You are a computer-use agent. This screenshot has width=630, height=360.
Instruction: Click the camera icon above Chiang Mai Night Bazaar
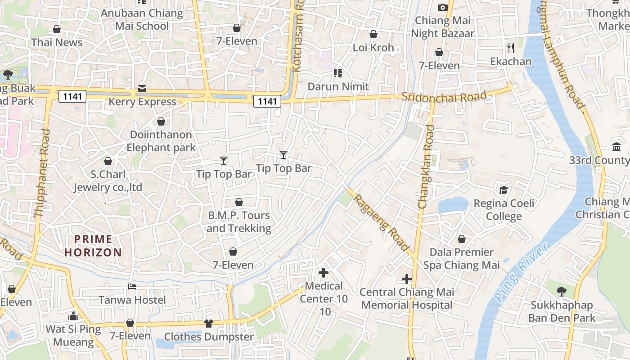442,7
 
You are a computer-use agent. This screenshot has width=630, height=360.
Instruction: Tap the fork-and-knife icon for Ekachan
511,48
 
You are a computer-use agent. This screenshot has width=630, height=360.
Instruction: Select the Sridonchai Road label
444,96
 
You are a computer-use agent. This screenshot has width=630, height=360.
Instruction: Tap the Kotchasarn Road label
297,36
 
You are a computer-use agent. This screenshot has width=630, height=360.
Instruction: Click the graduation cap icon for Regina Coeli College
504,190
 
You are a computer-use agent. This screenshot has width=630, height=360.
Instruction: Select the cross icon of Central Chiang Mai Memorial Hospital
407,279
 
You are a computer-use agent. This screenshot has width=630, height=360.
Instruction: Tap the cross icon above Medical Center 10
323,272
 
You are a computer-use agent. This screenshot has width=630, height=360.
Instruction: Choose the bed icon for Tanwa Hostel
132,287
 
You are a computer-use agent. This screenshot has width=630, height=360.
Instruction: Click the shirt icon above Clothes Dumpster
208,323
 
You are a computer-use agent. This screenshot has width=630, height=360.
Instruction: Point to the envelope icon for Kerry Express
142,88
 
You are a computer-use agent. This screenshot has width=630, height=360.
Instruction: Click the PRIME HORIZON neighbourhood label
93,246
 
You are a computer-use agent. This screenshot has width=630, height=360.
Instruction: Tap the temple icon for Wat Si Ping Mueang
73,316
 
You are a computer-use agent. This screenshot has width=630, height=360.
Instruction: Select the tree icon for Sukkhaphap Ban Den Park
561,292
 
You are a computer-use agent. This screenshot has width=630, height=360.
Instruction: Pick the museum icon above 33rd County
616,147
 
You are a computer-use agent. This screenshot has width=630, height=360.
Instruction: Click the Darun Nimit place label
338,86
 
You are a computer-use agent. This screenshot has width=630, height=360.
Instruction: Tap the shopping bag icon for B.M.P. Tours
239,202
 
